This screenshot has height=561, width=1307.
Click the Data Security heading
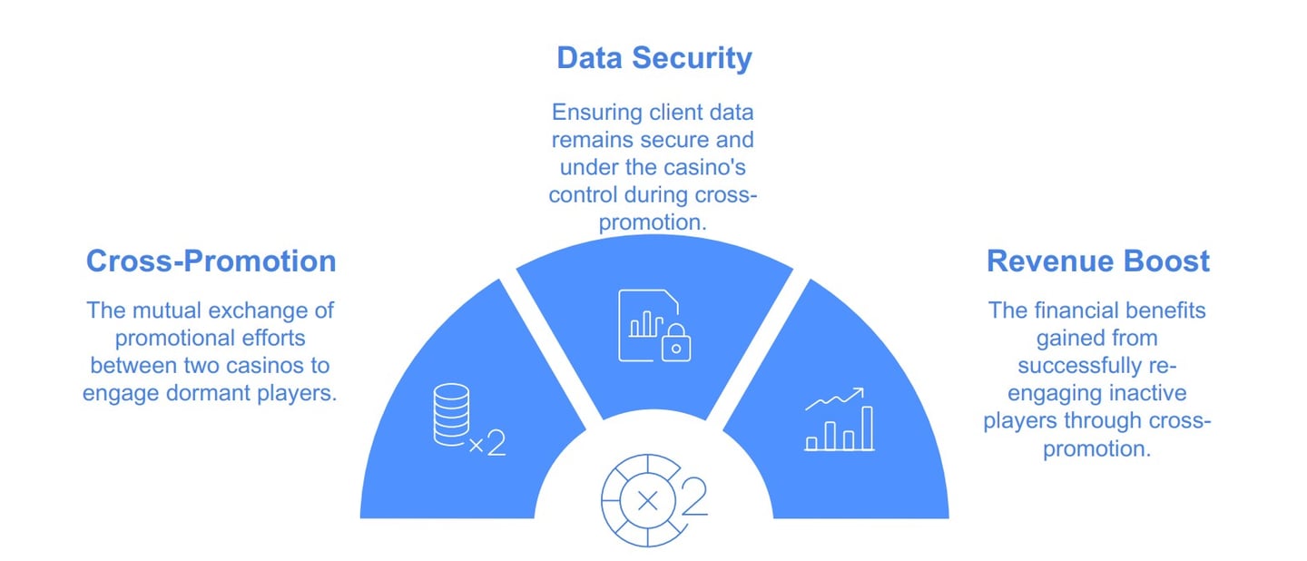point(653,58)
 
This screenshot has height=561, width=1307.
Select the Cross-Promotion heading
point(211,261)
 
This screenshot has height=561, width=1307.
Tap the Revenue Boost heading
point(1097,261)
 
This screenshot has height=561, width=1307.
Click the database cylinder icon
point(451,414)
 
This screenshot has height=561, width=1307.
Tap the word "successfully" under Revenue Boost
point(1077,367)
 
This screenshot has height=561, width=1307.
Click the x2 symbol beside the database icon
point(486,444)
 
